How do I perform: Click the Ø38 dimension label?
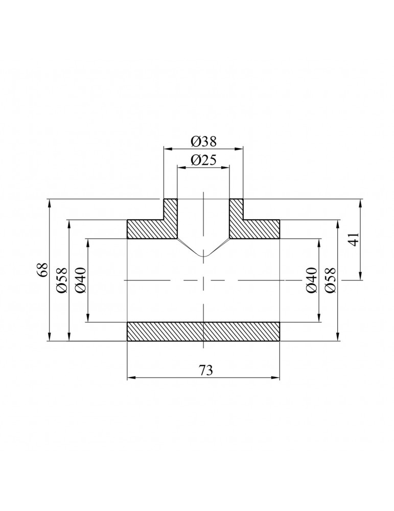[x=203, y=141]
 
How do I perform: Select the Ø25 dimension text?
[x=203, y=160]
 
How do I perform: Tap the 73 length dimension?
[x=203, y=370]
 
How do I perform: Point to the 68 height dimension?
[x=43, y=270]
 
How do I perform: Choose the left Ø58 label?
[x=62, y=281]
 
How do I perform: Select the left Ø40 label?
[x=81, y=281]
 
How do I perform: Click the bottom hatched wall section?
[x=203, y=332]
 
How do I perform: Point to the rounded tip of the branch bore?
[x=203, y=256]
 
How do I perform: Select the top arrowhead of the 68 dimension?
[x=49, y=202]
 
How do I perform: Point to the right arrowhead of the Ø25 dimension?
[x=226, y=167]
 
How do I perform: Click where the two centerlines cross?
[x=203, y=280]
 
